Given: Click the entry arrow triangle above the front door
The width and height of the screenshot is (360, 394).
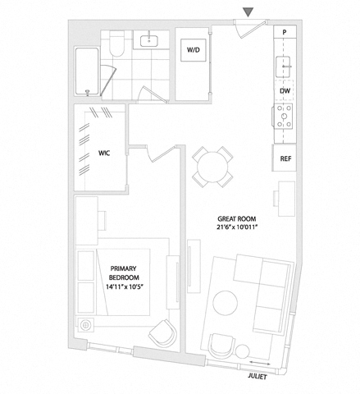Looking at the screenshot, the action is pyautogui.click(x=248, y=12).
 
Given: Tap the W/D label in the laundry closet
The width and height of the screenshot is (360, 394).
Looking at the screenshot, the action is pyautogui.click(x=194, y=50).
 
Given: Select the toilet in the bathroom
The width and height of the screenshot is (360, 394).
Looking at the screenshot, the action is pyautogui.click(x=117, y=44).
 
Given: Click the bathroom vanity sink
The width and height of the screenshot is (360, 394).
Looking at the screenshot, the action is pyautogui.click(x=149, y=41).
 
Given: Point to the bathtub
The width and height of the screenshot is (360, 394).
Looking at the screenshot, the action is pyautogui.click(x=87, y=71).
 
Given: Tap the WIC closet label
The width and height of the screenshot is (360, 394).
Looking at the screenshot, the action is pyautogui.click(x=104, y=153).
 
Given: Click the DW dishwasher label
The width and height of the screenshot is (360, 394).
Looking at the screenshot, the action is pyautogui.click(x=285, y=91).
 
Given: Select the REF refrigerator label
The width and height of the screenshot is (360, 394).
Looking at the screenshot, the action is pyautogui.click(x=285, y=158).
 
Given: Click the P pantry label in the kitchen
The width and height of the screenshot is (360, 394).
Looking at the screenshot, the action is pyautogui.click(x=285, y=32).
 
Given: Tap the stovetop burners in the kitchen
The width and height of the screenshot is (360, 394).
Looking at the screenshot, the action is pyautogui.click(x=284, y=117).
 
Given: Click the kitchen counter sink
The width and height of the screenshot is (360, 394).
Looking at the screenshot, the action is pyautogui.click(x=283, y=66).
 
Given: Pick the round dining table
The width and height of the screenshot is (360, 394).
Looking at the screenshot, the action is pyautogui.click(x=212, y=167).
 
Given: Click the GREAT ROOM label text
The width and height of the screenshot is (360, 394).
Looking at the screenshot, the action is pyautogui.click(x=237, y=219).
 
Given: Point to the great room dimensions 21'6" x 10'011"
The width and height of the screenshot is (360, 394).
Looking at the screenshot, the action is pyautogui.click(x=237, y=227).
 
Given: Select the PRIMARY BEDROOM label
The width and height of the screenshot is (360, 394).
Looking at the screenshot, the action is pyautogui.click(x=124, y=273).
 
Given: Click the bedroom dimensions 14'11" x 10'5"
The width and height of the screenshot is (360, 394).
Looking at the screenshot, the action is pyautogui.click(x=125, y=286).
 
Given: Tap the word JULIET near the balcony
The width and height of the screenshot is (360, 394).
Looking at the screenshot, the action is pyautogui.click(x=257, y=377).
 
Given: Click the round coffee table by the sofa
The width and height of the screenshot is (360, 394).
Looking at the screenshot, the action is pyautogui.click(x=226, y=303).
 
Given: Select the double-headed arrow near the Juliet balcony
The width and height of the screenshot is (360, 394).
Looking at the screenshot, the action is pyautogui.click(x=260, y=363).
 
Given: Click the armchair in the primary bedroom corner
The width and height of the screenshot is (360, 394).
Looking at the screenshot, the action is pyautogui.click(x=162, y=332).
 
